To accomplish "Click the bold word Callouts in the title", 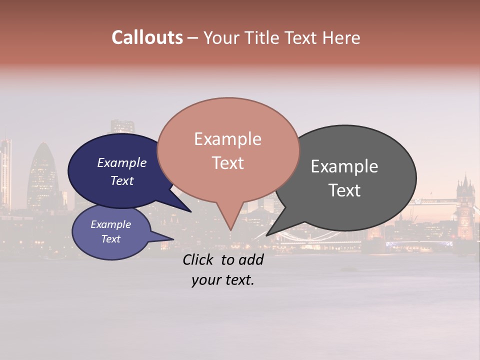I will point(147,37).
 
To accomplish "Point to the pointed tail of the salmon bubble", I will point(230,225).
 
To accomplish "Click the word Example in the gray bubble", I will point(344,166).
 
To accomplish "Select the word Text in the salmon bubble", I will point(228,163).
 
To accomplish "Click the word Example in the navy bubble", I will point(122,162).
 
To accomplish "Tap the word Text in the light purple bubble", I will point(111,239).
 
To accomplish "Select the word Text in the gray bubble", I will point(344,190).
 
